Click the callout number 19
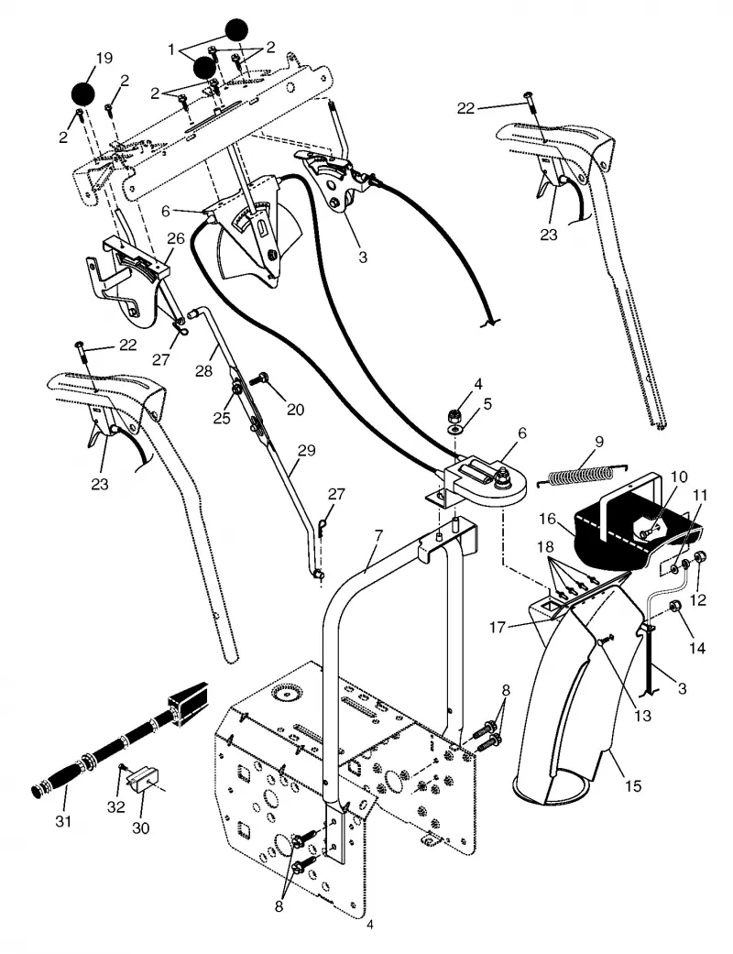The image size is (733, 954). coord(104,58)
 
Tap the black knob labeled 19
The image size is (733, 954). coord(83,93)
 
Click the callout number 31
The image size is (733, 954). coord(63,821)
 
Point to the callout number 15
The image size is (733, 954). coord(633,785)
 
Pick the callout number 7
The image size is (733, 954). coord(378,535)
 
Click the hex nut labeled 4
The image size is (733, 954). coord(453,416)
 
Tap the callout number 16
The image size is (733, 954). coord(548,519)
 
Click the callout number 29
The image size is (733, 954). coord(307,450)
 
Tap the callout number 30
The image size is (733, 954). coord(140,828)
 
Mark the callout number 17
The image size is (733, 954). coord(498,626)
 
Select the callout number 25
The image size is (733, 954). coord(222,418)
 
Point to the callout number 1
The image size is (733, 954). coord(172,49)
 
